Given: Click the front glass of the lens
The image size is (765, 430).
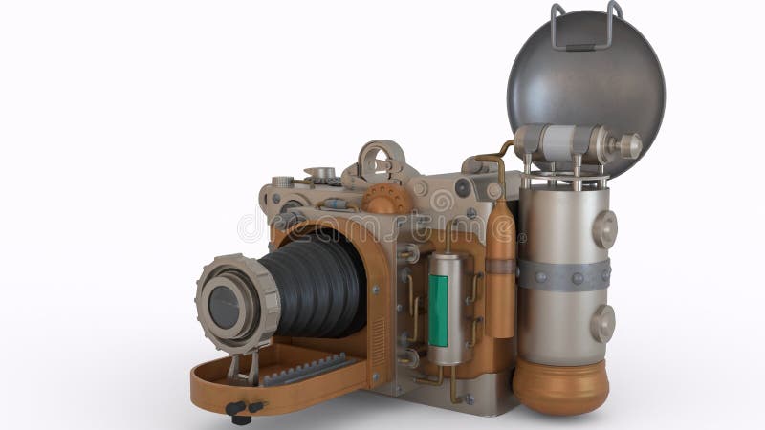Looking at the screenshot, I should (225, 307).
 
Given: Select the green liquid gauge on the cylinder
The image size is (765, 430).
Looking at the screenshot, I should (438, 310).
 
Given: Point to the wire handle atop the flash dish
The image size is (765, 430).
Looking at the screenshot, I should (585, 24).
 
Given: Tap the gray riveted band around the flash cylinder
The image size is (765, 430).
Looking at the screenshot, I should (563, 275).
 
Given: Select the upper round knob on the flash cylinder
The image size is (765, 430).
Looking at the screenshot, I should (603, 229).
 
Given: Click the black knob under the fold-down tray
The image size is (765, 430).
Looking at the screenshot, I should (240, 411).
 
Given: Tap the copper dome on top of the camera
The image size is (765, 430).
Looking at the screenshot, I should (387, 200).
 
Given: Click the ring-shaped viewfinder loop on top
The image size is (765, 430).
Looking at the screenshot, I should (381, 160).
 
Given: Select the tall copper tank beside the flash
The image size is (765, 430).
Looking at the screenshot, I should (500, 272).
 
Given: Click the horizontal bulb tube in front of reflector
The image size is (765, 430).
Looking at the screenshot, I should (569, 143).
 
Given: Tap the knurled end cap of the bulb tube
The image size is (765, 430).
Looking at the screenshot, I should (629, 145).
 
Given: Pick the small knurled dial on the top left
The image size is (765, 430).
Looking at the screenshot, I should (282, 182).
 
